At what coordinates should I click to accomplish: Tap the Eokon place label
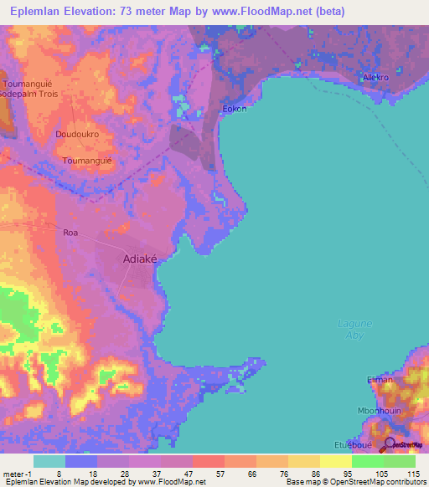(234, 109)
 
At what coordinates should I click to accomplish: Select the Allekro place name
(375, 78)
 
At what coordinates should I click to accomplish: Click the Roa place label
(70, 233)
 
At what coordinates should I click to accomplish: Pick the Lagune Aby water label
(354, 329)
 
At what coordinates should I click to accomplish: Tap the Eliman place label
(380, 379)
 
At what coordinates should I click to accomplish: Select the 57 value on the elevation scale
(199, 473)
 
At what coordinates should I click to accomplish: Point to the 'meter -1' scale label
(16, 473)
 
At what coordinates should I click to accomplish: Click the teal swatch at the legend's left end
(49, 461)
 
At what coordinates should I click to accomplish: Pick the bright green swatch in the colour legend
(367, 461)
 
